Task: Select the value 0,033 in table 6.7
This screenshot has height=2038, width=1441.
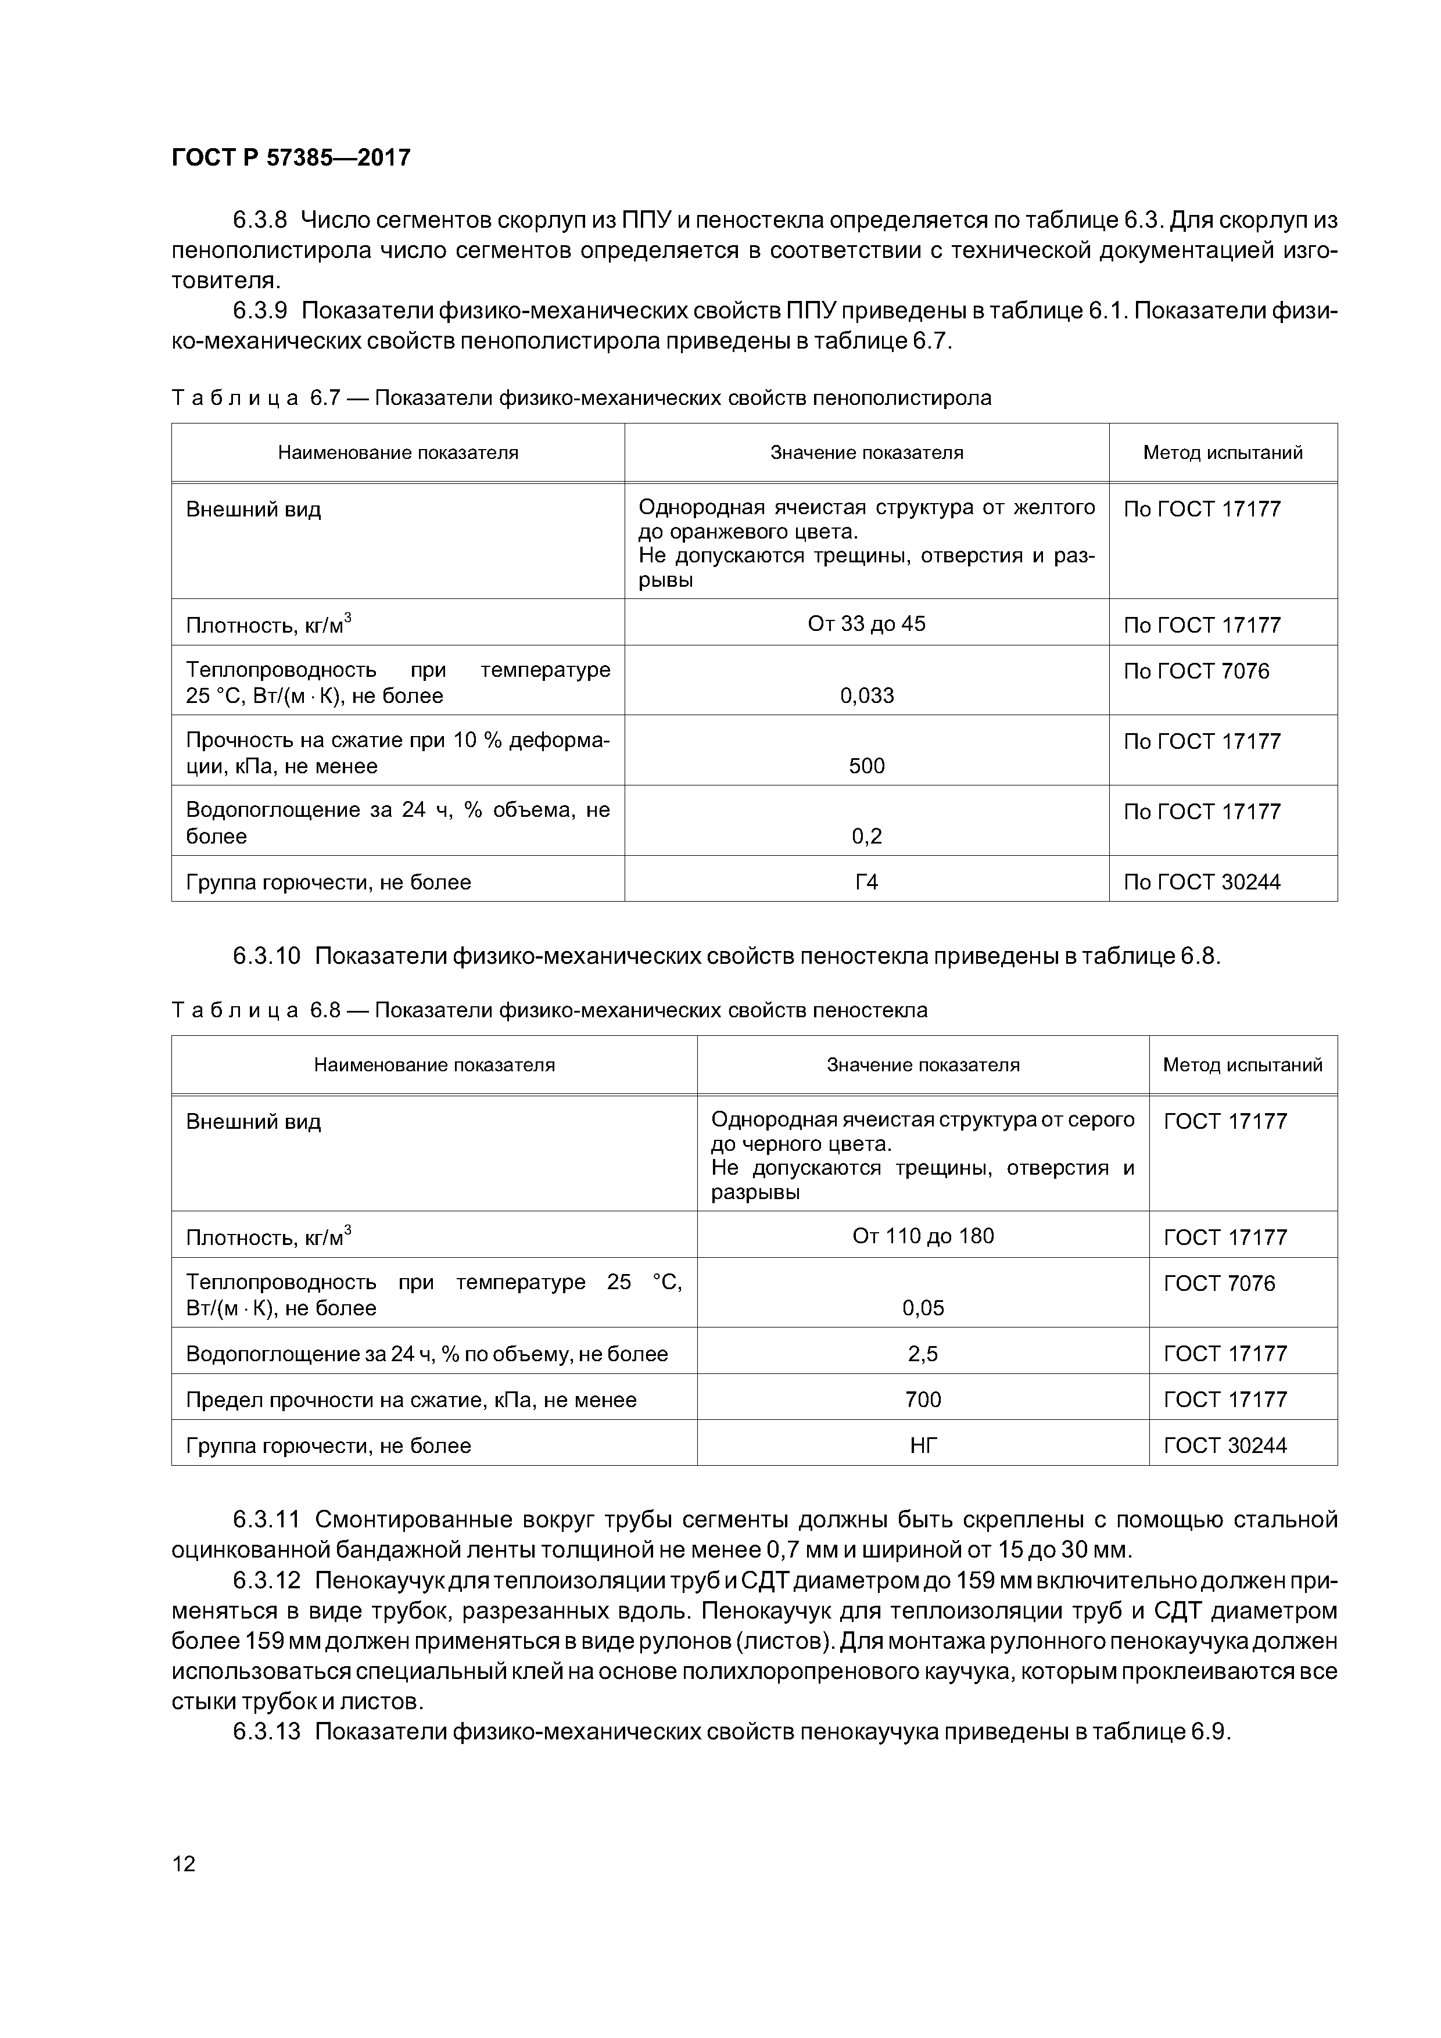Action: (866, 695)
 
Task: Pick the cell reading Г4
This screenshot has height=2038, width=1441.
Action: (866, 881)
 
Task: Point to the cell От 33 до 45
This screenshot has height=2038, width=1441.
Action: (866, 624)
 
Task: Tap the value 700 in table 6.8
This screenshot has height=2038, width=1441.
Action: (923, 1400)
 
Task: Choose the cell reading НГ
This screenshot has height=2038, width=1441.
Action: (923, 1446)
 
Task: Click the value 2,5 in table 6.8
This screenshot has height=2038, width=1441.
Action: (923, 1354)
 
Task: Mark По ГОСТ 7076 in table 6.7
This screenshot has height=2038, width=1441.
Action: (1196, 671)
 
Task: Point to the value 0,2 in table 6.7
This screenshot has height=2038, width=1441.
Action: (866, 836)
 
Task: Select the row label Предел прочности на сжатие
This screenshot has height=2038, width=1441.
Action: (411, 1400)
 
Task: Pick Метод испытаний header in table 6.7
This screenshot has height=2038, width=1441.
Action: (1223, 453)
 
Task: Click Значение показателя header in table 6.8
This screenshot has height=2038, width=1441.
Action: (923, 1064)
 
